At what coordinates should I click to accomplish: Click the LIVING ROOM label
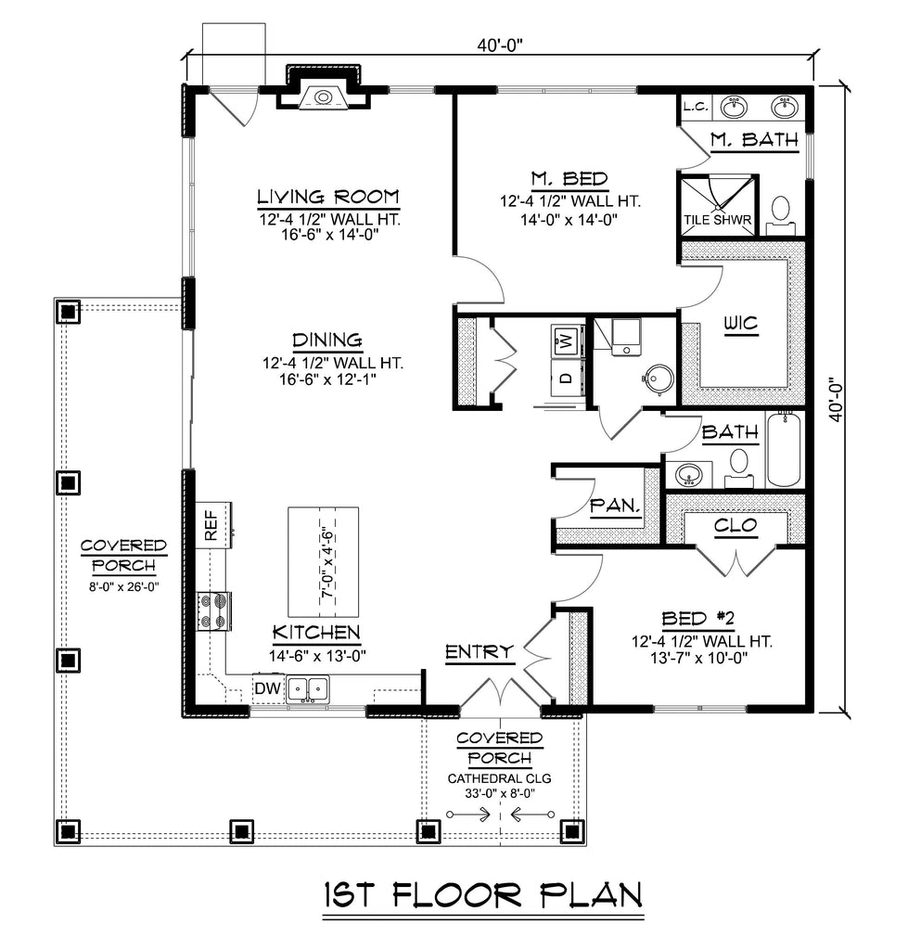[x=328, y=197]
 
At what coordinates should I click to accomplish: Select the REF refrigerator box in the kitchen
[x=213, y=525]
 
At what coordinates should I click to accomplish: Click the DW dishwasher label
[x=268, y=688]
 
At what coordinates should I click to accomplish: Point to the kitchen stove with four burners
[x=213, y=610]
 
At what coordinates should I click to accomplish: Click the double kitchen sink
[x=308, y=689]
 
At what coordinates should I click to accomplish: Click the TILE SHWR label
[x=718, y=220]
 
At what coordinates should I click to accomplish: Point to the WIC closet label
[x=741, y=323]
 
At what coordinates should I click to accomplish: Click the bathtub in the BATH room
[x=784, y=449]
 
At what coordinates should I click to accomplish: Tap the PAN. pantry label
[x=615, y=506]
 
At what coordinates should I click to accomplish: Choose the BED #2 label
[x=697, y=619]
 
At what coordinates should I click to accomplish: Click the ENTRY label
[x=480, y=652]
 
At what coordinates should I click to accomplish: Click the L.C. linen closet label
[x=696, y=108]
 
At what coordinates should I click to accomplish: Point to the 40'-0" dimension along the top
[x=499, y=45]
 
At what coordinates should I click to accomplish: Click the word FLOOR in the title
[x=457, y=895]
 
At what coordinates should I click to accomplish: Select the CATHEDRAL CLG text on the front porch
[x=500, y=778]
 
